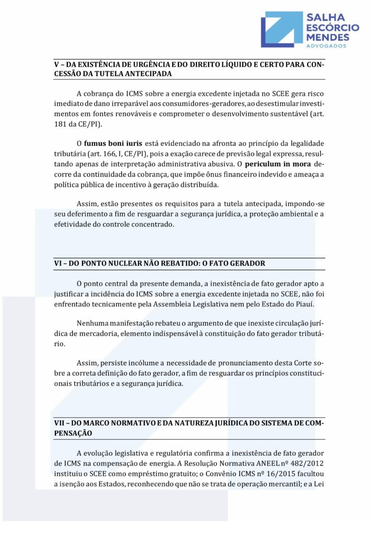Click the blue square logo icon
281,29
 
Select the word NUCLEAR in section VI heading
127,264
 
